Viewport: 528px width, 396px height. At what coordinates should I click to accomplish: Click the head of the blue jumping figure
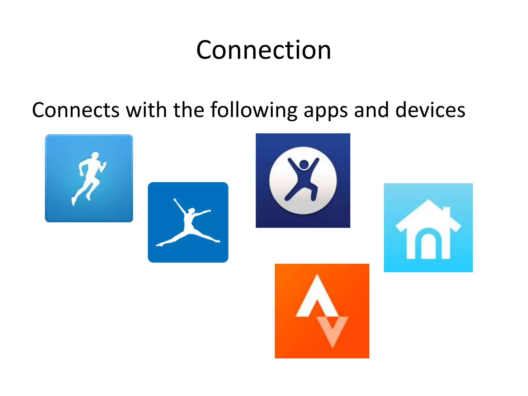click(304, 164)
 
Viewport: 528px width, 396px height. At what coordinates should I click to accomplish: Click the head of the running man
click(95, 155)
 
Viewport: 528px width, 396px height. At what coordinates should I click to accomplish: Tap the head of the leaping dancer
click(192, 211)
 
